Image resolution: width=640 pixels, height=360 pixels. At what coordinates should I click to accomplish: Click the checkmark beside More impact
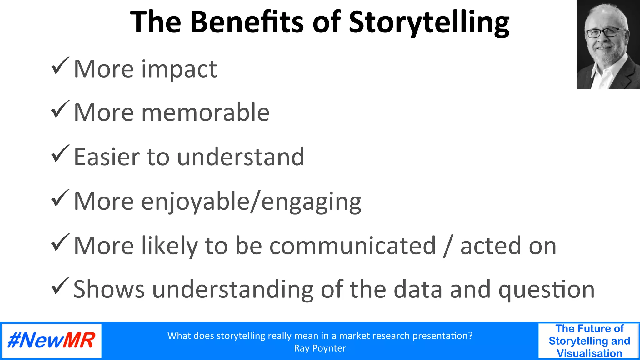tap(60, 66)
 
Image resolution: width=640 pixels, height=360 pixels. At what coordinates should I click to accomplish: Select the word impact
tap(179, 69)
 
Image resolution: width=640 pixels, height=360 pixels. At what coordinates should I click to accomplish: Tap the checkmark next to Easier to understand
tap(60, 154)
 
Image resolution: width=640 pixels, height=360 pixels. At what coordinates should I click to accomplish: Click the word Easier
tap(106, 157)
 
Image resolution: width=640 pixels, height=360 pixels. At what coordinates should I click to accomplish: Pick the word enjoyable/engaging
tap(251, 202)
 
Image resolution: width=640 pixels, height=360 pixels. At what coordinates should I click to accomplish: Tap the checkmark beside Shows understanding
tap(60, 286)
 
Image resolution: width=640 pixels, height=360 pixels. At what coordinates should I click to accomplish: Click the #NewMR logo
tap(52, 341)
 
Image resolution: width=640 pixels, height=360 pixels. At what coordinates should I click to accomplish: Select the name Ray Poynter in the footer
tap(320, 348)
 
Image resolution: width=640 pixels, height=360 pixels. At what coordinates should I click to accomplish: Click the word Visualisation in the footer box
tap(589, 353)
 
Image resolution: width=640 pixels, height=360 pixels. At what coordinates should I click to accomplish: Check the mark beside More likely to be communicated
tap(60, 242)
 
